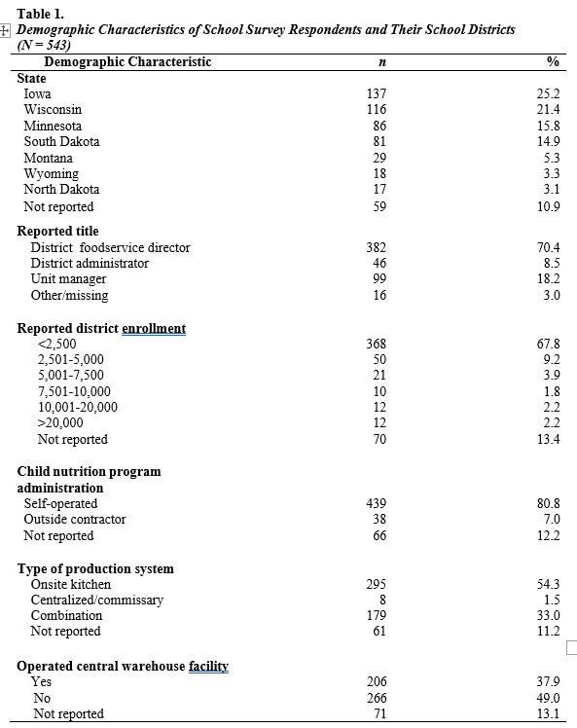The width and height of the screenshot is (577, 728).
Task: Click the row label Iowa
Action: click(38, 94)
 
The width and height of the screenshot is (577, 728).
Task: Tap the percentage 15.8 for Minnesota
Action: click(550, 127)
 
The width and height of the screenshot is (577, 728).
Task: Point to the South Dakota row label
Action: click(61, 142)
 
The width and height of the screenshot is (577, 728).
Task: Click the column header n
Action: click(379, 62)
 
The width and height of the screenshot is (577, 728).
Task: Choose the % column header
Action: click(553, 62)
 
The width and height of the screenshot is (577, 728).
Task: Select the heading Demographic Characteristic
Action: click(127, 62)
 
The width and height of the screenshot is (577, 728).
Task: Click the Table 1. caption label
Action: click(40, 15)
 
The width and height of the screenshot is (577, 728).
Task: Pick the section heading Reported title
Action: click(57, 232)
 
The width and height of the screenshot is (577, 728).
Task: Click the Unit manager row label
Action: click(68, 279)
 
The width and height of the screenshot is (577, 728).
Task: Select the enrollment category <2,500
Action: click(55, 344)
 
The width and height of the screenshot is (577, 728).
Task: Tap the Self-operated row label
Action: click(60, 504)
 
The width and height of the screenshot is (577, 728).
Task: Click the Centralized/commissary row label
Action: click(96, 600)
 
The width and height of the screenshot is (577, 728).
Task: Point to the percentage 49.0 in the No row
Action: click(550, 698)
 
